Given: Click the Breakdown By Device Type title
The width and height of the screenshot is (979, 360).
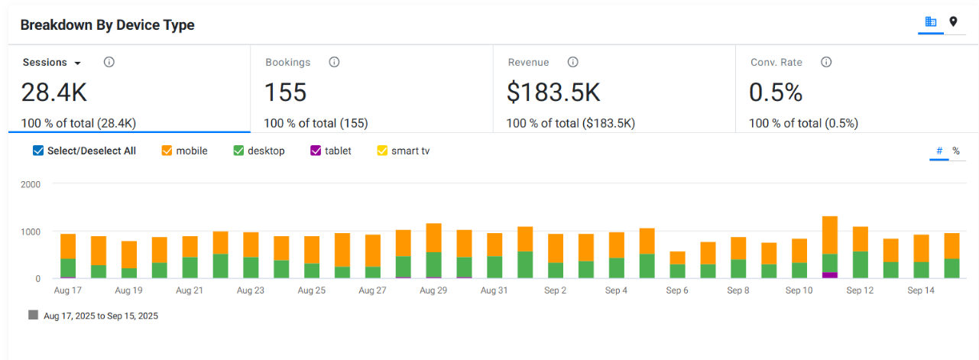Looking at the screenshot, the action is [107, 25].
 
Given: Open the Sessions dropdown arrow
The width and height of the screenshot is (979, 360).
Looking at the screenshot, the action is [78, 63].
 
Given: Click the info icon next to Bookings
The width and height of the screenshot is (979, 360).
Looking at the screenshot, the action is [334, 62].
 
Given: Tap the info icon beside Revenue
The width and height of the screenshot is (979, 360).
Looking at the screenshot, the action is [572, 62].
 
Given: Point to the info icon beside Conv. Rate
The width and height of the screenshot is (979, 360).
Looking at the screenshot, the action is [826, 62].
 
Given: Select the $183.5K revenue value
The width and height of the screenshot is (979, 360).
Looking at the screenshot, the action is [553, 92].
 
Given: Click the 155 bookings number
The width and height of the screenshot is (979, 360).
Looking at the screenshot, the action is [285, 92].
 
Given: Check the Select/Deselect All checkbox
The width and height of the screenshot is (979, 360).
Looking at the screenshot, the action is [38, 151].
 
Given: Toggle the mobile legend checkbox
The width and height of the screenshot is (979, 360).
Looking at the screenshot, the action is [167, 151].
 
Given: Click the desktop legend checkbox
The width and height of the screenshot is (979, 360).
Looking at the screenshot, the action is [238, 151].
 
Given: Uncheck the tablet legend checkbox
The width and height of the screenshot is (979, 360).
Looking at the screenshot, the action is [315, 151].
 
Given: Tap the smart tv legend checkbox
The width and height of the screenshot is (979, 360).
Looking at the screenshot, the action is [382, 151].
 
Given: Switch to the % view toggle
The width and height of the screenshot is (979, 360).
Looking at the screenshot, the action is [956, 151].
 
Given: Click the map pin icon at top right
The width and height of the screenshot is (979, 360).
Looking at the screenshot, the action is [953, 21].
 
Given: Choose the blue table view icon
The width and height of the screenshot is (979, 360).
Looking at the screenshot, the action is [931, 21].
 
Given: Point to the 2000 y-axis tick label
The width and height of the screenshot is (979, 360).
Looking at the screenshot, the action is [31, 184].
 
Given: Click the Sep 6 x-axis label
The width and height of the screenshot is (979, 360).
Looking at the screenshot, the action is [677, 290].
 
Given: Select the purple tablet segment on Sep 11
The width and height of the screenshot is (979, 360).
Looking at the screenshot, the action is [829, 275].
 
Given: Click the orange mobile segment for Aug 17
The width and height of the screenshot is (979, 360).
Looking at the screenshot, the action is [68, 246].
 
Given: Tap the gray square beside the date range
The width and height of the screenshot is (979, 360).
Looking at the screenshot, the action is [33, 315].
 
